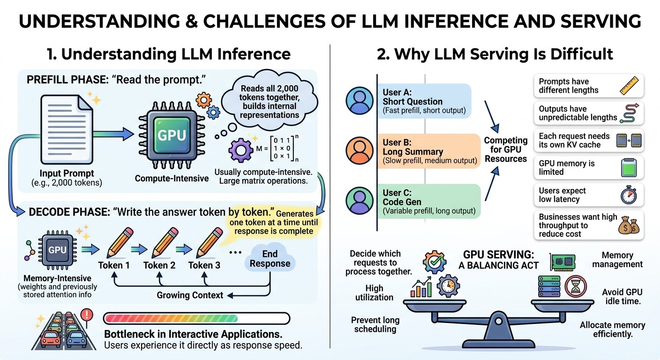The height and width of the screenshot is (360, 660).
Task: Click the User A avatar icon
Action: coord(360,100)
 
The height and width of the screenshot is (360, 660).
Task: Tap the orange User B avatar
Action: coord(360,150)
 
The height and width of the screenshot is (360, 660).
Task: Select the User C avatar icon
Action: coord(360,201)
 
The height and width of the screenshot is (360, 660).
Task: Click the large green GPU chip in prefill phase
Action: coord(172,135)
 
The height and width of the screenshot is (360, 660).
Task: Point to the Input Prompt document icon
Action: coord(67,129)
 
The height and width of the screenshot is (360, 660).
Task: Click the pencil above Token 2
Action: coord(165,242)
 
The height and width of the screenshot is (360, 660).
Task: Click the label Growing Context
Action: coord(190,295)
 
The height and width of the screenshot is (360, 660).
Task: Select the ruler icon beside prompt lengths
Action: coord(629,85)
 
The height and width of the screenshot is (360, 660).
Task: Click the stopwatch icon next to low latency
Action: coord(629,195)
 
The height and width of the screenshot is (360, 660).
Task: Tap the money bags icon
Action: coord(629,225)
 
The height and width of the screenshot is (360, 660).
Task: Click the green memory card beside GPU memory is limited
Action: coord(629,168)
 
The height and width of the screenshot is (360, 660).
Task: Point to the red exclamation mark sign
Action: coord(87,315)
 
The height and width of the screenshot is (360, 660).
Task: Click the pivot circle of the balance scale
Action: coord(498,321)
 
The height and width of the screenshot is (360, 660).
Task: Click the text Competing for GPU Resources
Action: coord(506,150)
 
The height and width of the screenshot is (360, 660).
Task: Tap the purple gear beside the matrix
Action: coord(241,150)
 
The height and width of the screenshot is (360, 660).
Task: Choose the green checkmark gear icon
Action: coord(435,262)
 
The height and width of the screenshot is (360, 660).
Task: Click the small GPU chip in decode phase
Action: coord(58,250)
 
